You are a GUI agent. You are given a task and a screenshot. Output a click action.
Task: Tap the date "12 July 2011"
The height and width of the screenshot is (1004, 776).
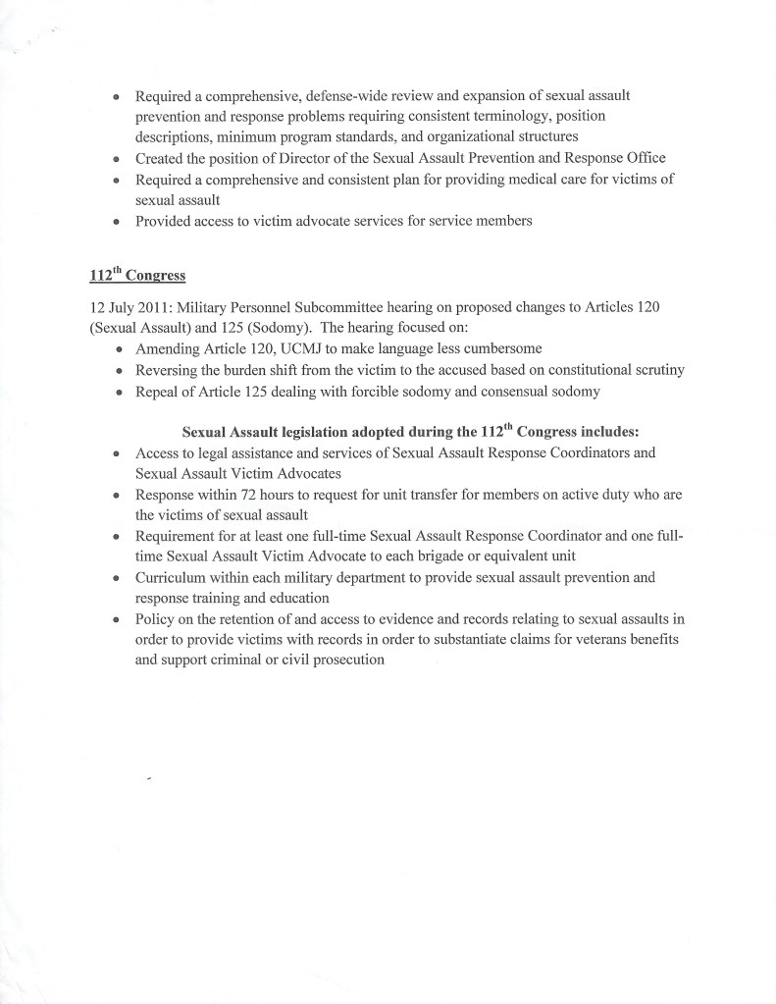(x=129, y=307)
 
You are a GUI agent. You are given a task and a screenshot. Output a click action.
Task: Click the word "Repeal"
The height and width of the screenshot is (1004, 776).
(x=158, y=391)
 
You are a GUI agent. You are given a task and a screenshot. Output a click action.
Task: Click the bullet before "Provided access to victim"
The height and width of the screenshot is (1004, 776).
(x=117, y=222)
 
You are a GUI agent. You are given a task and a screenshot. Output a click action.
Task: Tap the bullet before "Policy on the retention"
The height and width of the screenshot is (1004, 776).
(x=117, y=619)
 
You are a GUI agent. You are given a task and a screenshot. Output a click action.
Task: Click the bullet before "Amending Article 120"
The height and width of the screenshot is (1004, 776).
(x=118, y=350)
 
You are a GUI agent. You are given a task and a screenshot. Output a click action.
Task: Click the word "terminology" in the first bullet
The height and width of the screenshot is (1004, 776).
(x=499, y=116)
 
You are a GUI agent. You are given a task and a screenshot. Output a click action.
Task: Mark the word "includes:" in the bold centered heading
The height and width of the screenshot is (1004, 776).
(x=607, y=432)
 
